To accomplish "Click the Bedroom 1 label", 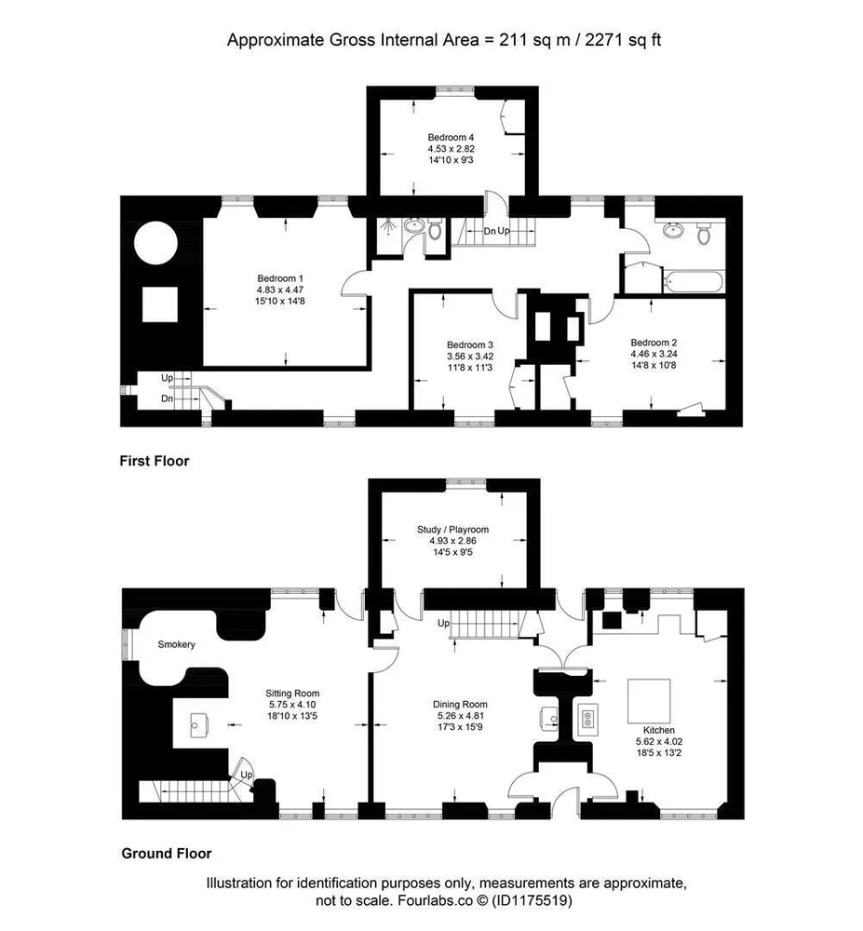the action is coord(280,278).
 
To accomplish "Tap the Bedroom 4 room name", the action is coord(452,138).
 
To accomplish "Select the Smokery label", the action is coord(176,644).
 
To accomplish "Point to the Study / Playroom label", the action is coord(452,530).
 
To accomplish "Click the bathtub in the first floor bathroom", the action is coord(694,281).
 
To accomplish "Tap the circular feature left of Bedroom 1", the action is coord(156,243).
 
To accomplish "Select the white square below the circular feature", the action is coord(160,304).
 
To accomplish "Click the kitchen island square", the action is coord(649,701).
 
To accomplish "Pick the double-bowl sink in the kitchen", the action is coord(587,719).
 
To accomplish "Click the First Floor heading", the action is coord(155,461).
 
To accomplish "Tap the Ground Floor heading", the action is coord(167,853).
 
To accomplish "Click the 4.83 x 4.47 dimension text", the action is coord(280,290).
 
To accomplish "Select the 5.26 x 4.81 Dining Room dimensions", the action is coord(460,715).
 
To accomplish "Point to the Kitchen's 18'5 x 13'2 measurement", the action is coord(659,753).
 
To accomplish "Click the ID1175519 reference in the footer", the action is coord(532,900).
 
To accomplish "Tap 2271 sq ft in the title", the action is coord(623,40).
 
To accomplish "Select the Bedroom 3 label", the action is coord(470,345).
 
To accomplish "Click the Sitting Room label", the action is coord(292,694).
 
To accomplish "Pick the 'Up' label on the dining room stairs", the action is coord(444,624).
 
